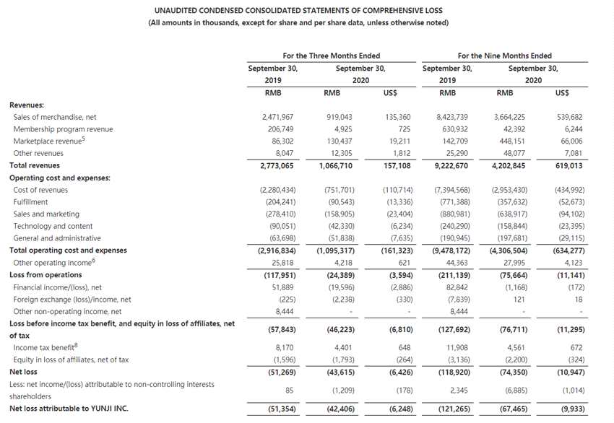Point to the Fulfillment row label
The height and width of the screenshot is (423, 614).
pos(30,202)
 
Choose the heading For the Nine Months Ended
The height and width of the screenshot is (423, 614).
pos(504,56)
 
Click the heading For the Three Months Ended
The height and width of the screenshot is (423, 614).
pos(331,56)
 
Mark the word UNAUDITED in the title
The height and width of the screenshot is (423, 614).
pos(178,11)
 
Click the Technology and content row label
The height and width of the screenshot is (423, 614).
pos(52,226)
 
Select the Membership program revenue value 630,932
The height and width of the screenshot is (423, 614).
pos(451,129)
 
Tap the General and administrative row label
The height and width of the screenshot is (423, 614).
pos(57,238)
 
